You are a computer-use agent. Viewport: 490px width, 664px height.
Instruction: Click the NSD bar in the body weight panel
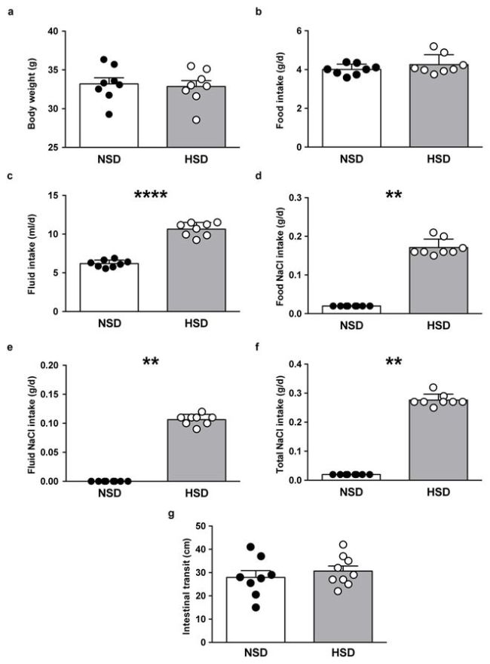click(109, 120)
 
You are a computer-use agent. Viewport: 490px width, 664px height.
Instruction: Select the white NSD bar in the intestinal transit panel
click(237, 614)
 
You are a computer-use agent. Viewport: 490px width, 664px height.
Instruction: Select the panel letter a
click(10, 11)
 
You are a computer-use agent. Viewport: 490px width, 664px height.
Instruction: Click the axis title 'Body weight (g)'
click(32, 90)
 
